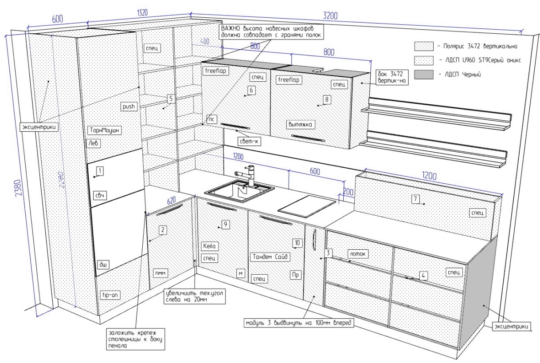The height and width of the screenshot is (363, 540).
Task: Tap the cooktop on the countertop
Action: (x=307, y=205)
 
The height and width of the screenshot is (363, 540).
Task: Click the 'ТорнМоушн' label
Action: (x=105, y=130)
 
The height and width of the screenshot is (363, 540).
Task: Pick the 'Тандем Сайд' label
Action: (x=270, y=256)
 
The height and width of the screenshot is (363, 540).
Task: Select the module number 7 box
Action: (x=415, y=199)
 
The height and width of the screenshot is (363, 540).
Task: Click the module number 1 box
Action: (x=100, y=170)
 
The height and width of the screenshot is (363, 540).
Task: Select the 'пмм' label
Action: (x=160, y=273)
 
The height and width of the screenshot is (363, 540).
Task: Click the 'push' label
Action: (x=129, y=107)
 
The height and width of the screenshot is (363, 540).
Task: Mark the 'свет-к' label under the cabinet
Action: (x=250, y=142)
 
